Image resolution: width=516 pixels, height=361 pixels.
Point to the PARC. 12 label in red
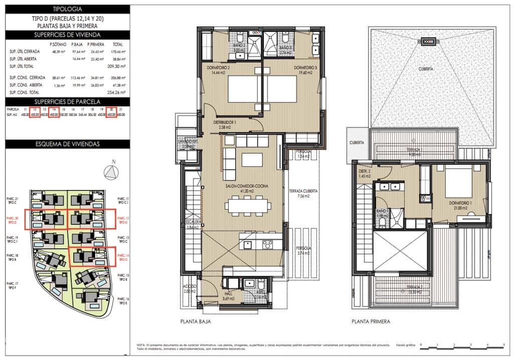pos(123,219)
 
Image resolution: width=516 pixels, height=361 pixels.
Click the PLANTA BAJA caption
pos(196,322)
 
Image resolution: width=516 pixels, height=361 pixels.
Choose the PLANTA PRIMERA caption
pos(371,322)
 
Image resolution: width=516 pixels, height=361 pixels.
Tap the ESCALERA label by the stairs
pos(193,223)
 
